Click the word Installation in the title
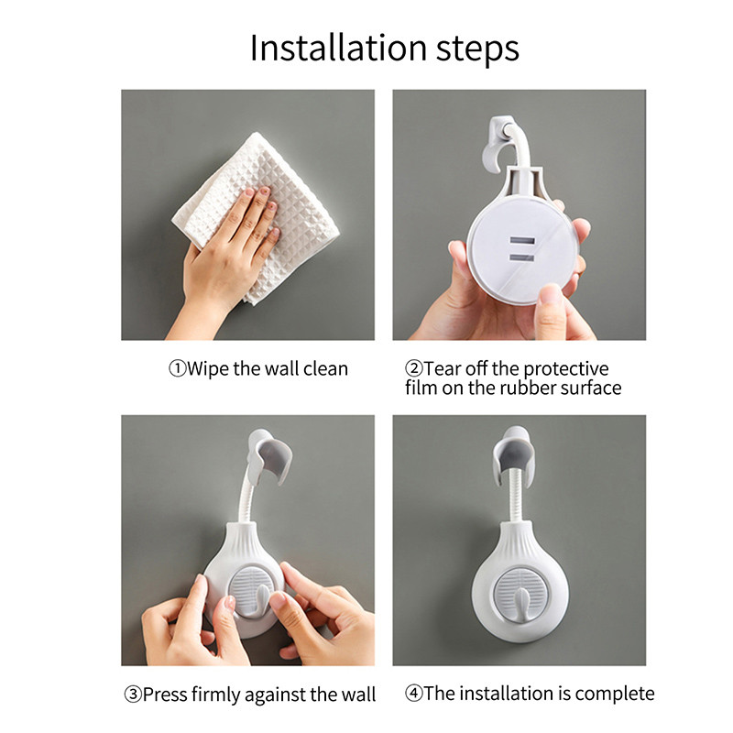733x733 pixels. click(x=338, y=48)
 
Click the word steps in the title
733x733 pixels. click(x=477, y=50)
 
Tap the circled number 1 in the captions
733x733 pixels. click(x=177, y=369)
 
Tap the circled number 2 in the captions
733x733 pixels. click(x=414, y=369)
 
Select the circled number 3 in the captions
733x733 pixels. click(x=133, y=695)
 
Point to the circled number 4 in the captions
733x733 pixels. click(x=414, y=694)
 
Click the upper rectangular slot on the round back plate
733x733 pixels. click(x=521, y=241)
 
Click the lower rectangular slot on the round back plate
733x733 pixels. click(x=521, y=257)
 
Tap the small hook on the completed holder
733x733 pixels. click(x=520, y=604)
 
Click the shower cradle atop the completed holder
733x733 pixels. click(x=513, y=454)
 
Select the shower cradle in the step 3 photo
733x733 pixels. click(x=270, y=455)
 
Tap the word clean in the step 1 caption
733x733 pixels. click(x=326, y=369)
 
